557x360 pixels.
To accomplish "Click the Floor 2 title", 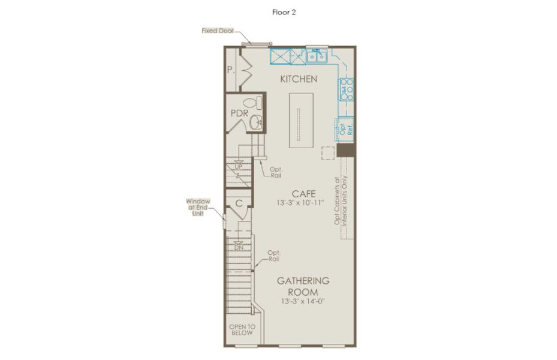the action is click(284, 12).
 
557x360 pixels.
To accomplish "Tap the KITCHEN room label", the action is click(299, 79).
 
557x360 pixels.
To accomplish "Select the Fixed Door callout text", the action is click(218, 31).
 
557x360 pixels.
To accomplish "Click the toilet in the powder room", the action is click(253, 103).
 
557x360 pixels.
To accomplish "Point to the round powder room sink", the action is click(255, 123).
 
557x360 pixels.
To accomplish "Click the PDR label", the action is click(239, 113).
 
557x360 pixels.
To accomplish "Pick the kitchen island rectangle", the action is click(301, 120).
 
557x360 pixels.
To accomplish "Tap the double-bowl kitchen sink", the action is click(317, 56).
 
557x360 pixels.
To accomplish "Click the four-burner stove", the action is click(347, 89).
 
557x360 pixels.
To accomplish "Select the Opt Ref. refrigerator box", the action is click(345, 130).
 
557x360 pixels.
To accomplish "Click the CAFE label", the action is click(304, 194).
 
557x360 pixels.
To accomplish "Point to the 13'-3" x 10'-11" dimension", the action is click(300, 203).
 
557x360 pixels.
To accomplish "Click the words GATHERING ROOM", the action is click(303, 286).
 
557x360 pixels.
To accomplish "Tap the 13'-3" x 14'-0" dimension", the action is click(303, 301).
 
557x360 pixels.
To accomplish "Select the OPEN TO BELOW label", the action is click(242, 330).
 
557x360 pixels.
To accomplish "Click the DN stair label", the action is click(239, 247).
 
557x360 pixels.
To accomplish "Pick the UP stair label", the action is click(239, 167).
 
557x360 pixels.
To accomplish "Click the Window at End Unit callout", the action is click(198, 208).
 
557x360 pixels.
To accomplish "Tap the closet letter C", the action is click(239, 203).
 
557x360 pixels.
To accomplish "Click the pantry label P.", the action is click(231, 70).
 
